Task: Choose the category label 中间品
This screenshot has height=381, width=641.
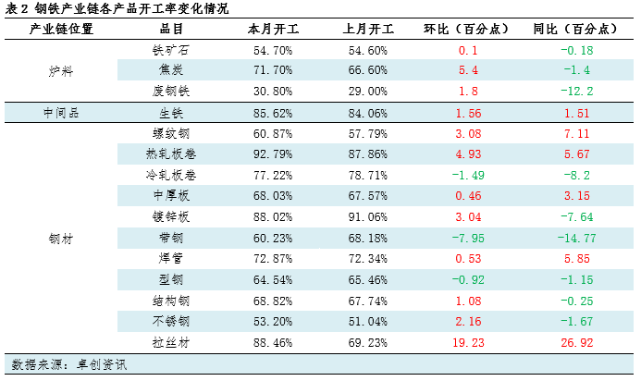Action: pyautogui.click(x=61, y=112)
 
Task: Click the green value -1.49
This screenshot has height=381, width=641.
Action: pyautogui.click(x=467, y=175)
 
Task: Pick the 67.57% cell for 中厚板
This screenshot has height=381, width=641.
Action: pyautogui.click(x=365, y=196)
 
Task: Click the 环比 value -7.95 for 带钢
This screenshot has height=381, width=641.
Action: pyautogui.click(x=467, y=238)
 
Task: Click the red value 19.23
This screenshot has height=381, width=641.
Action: pyautogui.click(x=467, y=342)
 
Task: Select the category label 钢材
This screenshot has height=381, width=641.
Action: pyautogui.click(x=61, y=238)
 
